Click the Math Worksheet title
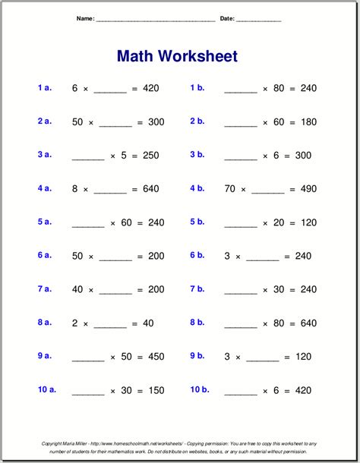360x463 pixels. (177, 57)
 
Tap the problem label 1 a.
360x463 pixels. (44, 88)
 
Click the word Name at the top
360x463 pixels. (85, 18)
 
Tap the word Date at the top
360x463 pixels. (226, 18)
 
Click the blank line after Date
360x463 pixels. (259, 20)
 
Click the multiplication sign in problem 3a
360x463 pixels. (112, 156)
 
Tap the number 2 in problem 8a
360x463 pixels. (74, 323)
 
